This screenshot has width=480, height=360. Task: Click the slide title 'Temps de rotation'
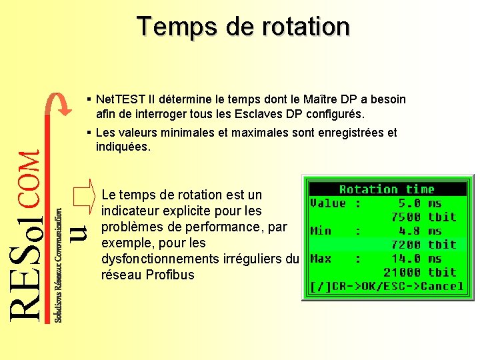(x=243, y=27)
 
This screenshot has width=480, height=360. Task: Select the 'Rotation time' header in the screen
(x=386, y=190)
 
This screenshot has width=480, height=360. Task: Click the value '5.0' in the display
(x=409, y=203)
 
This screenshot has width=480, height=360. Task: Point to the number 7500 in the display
(x=405, y=217)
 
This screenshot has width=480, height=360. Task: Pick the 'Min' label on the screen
(x=321, y=231)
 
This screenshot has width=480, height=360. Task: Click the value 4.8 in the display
(x=409, y=231)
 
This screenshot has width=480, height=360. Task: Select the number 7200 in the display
(x=405, y=245)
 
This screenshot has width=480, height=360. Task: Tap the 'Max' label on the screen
(x=321, y=258)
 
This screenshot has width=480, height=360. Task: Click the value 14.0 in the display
(x=406, y=258)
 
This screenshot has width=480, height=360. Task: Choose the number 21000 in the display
(x=402, y=272)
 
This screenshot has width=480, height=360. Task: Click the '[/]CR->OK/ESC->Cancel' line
(x=386, y=286)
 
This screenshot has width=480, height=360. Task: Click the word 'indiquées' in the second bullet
(x=123, y=147)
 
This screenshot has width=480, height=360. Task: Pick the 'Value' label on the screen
(x=328, y=203)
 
